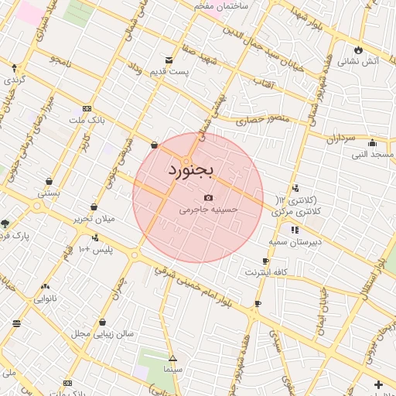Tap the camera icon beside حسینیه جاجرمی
pos(208,198)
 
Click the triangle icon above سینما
pos(172,358)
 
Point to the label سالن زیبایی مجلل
pos(103,333)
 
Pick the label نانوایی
pos(45,298)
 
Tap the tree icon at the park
pos(5,224)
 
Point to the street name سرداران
pos(339,139)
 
